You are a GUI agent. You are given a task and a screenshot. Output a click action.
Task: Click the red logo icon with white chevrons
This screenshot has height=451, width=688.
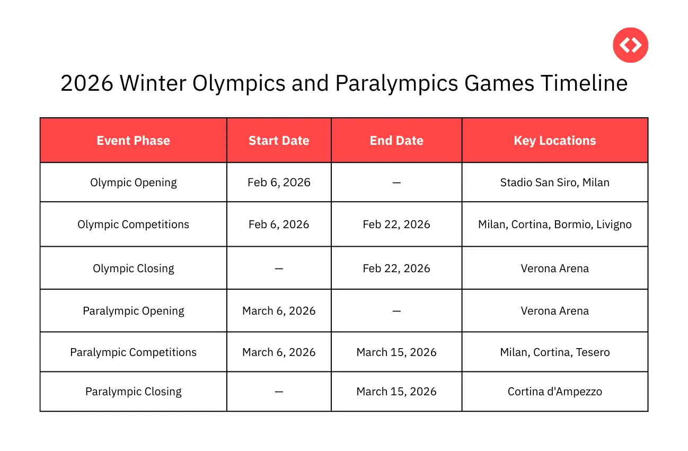point(630,45)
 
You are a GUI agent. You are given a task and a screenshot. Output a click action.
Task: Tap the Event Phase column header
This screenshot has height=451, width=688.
point(133,141)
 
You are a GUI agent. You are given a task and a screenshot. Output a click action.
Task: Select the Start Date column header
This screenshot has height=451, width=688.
point(279,141)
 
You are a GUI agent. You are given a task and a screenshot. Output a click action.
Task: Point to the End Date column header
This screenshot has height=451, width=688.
point(396,141)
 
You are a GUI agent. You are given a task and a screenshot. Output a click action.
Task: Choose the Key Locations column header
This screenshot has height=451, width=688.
point(554,141)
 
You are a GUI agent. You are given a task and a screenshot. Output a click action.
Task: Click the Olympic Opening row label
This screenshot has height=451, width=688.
point(133,183)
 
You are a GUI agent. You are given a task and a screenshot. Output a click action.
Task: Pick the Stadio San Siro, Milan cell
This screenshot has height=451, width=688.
point(554,183)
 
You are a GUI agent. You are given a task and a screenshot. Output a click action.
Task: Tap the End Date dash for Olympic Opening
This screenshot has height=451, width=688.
point(396,183)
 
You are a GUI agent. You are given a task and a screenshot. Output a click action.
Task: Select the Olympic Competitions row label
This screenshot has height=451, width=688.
point(133,224)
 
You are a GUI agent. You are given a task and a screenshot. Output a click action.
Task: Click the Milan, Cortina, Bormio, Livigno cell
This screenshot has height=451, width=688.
point(554,224)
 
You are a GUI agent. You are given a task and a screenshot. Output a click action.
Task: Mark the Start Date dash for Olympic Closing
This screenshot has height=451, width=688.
point(279,268)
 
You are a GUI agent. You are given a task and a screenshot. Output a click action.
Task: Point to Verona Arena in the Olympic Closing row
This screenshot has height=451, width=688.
point(554,268)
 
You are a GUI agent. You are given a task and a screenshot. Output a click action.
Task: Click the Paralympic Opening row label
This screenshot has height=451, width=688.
point(133,311)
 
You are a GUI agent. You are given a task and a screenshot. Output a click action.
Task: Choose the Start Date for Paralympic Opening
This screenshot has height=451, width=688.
point(279,311)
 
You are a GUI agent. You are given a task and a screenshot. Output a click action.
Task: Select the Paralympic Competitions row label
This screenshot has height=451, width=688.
point(133,352)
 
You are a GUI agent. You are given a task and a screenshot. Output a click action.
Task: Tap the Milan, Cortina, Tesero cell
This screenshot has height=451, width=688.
point(554,352)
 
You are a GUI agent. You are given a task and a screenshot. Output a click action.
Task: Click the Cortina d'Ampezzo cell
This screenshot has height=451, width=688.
point(554,392)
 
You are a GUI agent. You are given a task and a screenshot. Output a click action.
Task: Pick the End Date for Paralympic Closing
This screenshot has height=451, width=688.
point(396,392)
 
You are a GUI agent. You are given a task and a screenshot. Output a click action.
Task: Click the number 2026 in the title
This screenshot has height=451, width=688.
point(86,84)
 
